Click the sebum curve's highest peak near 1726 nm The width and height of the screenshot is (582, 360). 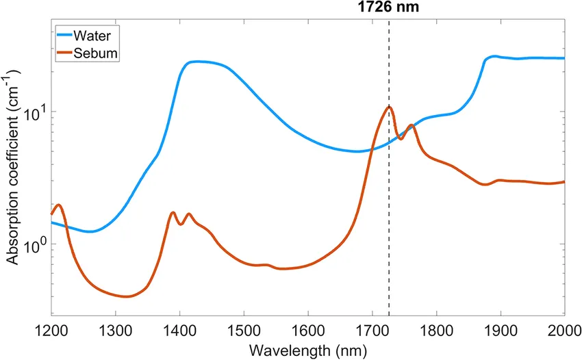click(x=389, y=107)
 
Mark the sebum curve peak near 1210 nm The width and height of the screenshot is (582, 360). click(x=59, y=205)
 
